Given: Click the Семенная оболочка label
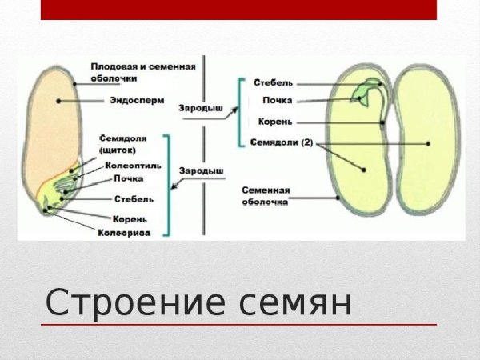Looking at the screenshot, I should point(266,196).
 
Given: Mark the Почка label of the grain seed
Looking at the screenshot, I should point(128,178).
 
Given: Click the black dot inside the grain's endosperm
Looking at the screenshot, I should point(58,102).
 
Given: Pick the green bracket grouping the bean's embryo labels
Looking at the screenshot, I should point(241,112).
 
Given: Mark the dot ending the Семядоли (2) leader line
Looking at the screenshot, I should point(364,170).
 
